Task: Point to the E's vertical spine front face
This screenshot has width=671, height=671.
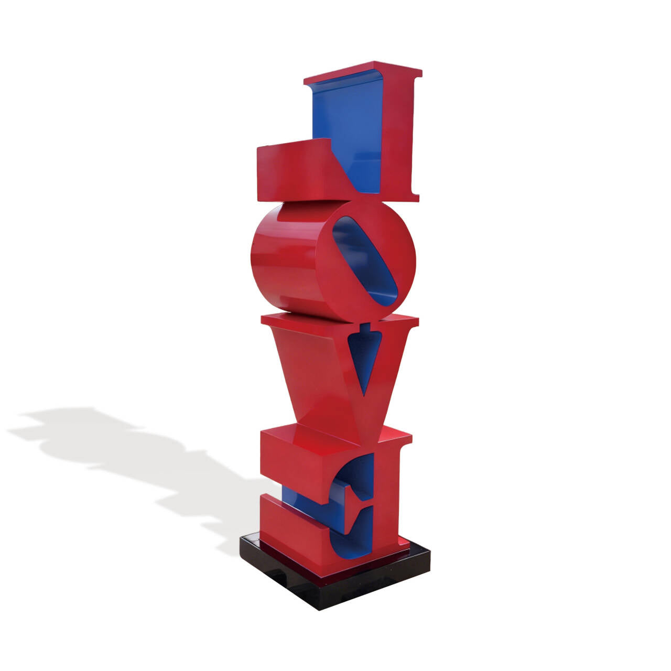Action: [x=385, y=498]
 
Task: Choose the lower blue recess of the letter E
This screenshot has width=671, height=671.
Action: [x=351, y=529]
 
